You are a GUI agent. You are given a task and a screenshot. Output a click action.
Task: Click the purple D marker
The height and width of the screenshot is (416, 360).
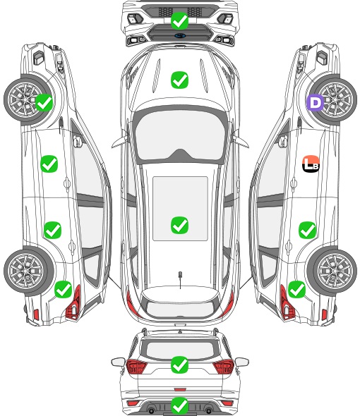point(316,102)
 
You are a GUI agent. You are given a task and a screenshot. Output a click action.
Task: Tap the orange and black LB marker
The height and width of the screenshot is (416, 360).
point(311,164)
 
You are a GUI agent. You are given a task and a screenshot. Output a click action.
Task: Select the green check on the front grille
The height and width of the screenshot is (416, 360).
point(179,20)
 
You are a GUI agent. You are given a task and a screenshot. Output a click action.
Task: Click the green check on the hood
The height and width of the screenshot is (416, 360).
point(179,80)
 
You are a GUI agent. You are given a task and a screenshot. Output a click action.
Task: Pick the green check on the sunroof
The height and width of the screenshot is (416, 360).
point(179,225)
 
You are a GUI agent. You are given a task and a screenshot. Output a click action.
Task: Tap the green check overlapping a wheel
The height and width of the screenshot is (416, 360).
point(44,102)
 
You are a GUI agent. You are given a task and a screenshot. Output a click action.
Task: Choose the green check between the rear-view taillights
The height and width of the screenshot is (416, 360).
point(179,365)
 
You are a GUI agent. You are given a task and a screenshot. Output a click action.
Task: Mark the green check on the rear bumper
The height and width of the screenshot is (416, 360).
point(179,405)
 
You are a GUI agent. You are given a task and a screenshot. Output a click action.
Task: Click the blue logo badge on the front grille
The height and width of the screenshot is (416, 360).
point(180,35)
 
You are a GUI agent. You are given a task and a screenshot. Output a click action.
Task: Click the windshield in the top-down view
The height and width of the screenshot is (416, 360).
point(180,135)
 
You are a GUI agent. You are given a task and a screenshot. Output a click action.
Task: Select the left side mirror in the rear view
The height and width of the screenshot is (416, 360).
point(118,362)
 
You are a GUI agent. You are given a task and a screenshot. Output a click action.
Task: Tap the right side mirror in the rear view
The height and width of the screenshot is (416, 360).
point(242,362)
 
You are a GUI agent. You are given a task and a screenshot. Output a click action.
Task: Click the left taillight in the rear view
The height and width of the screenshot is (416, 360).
point(136,366)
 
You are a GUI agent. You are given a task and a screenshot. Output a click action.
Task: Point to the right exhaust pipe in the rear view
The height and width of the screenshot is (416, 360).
point(209,411)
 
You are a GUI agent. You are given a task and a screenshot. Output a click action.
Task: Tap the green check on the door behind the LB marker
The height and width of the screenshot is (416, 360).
point(307,230)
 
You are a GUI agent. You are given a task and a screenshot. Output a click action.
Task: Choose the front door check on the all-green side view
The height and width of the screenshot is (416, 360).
point(49,164)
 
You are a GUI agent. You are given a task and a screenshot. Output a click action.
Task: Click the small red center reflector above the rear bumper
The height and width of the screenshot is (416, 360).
point(180,389)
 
